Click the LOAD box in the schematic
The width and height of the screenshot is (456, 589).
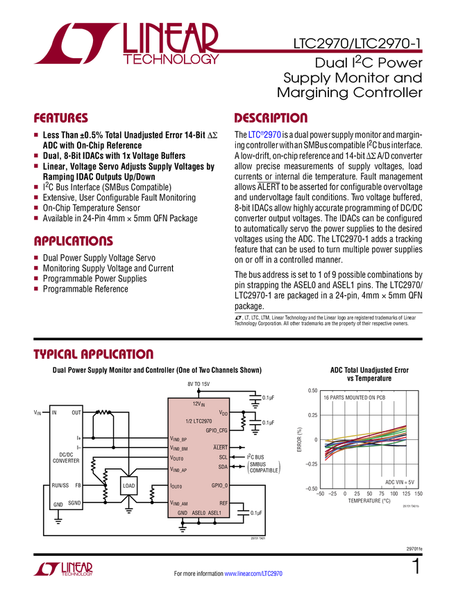point(129,486)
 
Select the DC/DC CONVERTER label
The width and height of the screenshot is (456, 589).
point(66,457)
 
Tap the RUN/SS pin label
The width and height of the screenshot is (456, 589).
point(61,486)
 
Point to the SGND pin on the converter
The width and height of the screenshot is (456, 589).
point(74,503)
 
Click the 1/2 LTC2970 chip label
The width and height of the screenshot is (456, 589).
point(199,421)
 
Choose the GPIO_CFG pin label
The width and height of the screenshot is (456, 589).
point(217,430)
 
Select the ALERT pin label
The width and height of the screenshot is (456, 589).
point(220,448)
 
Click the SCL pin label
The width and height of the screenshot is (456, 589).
point(223,457)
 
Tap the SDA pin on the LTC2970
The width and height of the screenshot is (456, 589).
point(223,466)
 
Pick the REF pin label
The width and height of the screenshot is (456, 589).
point(223,503)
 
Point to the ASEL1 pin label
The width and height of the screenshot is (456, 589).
point(215,513)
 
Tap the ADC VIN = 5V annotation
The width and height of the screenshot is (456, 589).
point(396,480)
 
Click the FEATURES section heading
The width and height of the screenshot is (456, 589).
point(61,118)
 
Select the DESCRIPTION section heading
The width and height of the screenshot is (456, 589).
point(271,118)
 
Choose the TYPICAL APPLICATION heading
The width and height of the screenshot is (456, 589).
point(93,353)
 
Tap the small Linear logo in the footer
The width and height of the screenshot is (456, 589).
point(62,569)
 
